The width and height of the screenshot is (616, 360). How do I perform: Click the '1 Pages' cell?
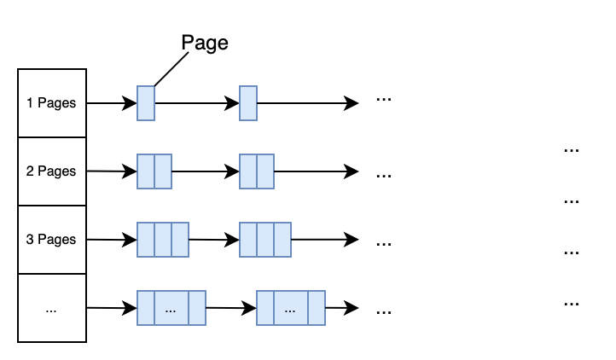click(x=52, y=103)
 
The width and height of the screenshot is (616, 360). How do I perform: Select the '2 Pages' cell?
click(x=52, y=171)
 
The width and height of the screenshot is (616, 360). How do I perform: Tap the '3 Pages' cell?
click(x=52, y=240)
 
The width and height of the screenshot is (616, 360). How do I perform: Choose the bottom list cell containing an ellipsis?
click(x=52, y=309)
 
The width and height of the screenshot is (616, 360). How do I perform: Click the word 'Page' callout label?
click(x=205, y=44)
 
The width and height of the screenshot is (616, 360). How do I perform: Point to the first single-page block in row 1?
click(x=146, y=103)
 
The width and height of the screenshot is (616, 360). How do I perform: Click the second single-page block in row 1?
click(x=248, y=103)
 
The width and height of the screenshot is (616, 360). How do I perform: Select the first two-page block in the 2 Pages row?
click(x=154, y=171)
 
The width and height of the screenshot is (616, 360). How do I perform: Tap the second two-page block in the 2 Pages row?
click(x=257, y=171)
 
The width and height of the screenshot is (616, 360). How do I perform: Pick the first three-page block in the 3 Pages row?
click(x=163, y=240)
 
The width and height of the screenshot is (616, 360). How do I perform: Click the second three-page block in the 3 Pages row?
click(x=265, y=240)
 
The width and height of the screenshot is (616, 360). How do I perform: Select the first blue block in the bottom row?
click(x=171, y=308)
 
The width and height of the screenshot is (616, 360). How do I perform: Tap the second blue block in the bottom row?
click(x=291, y=308)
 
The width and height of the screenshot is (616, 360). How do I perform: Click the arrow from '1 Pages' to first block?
click(x=111, y=103)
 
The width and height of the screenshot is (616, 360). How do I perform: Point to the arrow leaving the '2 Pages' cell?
click(x=111, y=171)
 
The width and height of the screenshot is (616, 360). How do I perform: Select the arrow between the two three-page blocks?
click(x=213, y=240)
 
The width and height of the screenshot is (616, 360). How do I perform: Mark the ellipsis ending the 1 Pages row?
click(x=384, y=100)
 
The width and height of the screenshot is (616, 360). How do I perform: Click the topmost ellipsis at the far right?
click(x=572, y=150)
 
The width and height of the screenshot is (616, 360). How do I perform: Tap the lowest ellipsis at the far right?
click(x=572, y=304)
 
